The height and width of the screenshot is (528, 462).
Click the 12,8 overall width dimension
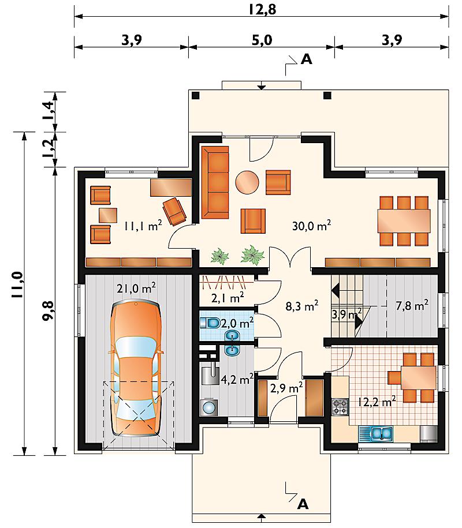[263, 9]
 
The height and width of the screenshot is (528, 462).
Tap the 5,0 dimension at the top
[262, 40]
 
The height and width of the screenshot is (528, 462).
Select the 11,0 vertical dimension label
[17, 284]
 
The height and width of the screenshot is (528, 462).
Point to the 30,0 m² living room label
[311, 225]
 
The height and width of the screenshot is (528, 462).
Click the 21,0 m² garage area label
[136, 288]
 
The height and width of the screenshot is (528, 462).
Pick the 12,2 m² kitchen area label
[376, 402]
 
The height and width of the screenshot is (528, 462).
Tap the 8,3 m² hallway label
[302, 306]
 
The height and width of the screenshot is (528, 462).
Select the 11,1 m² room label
[143, 225]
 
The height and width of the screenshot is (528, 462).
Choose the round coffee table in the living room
[247, 182]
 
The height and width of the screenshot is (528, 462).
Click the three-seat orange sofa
[215, 182]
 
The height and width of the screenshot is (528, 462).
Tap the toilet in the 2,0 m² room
[211, 323]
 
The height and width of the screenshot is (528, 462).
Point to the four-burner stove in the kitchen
[340, 406]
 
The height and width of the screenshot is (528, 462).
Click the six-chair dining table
[404, 221]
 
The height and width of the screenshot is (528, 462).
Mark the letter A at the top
[306, 59]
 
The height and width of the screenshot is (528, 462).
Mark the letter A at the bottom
[303, 504]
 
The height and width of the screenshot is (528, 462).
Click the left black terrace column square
[195, 95]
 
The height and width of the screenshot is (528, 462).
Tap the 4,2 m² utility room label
[237, 379]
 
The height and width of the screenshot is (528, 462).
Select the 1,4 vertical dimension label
[47, 111]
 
